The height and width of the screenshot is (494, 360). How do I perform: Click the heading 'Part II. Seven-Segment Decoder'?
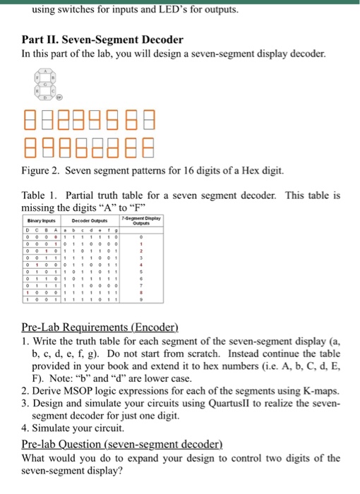click(92, 40)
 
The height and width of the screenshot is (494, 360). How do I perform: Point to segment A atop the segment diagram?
click(48, 71)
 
